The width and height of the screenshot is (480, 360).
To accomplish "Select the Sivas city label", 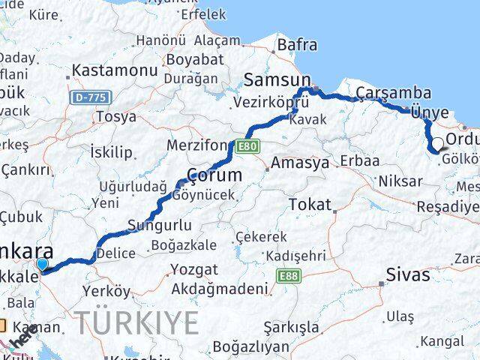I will [x=408, y=274].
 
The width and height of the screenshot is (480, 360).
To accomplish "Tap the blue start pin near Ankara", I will [x=42, y=264].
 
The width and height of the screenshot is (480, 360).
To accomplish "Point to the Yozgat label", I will [x=194, y=269].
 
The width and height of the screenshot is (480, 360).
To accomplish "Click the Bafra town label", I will [x=297, y=45].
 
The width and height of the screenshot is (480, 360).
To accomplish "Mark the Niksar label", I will [x=396, y=181].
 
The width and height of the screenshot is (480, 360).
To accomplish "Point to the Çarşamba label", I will [x=394, y=93].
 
